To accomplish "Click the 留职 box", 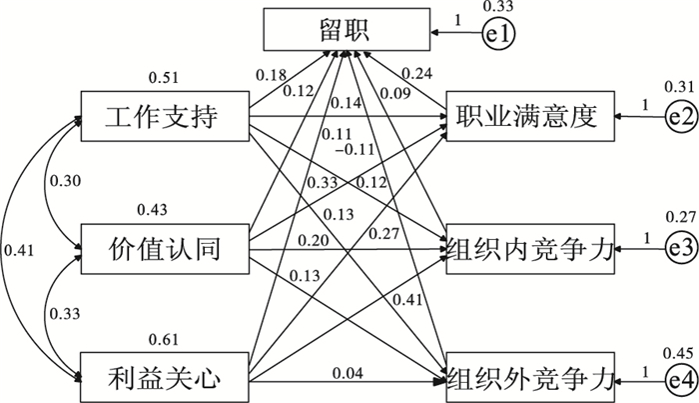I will point(346,29).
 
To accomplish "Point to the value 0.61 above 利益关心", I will point(164,337).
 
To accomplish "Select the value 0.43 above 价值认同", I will point(158,209).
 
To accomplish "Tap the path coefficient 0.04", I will point(348,373).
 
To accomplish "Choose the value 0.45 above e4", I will point(676,351).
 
